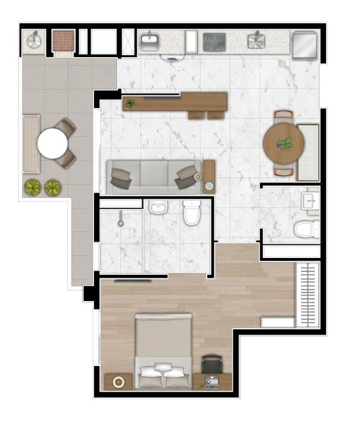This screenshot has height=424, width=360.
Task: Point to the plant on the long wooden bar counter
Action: coord(129,104)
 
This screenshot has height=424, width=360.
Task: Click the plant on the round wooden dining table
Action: coord(286,145)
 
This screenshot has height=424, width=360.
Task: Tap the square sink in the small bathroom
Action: coord(311,201)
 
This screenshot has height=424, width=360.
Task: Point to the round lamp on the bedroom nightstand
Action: coord(118,382)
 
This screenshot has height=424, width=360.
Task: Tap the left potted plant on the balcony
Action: coord(33,187)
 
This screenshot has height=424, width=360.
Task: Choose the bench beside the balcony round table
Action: coord(30,144)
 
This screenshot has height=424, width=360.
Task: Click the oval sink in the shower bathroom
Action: coord(158,207)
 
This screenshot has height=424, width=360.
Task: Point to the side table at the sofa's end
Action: coord(209,177)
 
